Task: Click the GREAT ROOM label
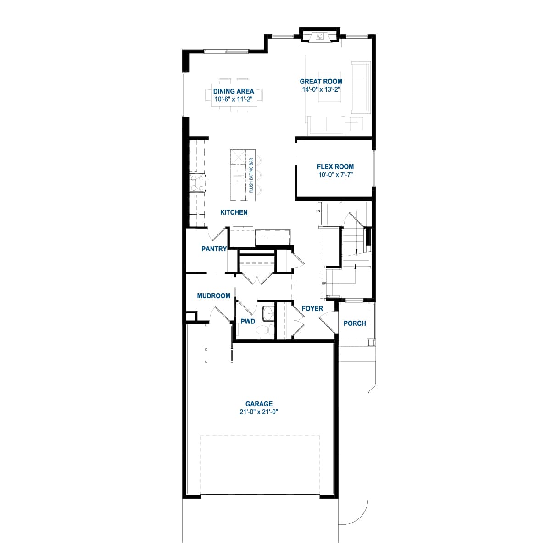point(321,81)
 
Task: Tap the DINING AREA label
point(234,91)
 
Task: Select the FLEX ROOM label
point(335,167)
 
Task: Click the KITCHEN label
point(234,212)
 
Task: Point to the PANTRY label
point(214,249)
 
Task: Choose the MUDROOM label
point(213,296)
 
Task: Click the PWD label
point(248,322)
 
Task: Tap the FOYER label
point(312,309)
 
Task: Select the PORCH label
point(355,323)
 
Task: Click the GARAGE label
point(259,404)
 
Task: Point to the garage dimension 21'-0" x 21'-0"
point(259,412)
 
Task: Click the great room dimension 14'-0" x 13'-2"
point(321,89)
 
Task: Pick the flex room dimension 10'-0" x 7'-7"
point(335,175)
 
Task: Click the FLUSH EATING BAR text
point(251,175)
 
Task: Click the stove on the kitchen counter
point(197,184)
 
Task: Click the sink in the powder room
point(269,313)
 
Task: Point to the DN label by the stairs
point(317,211)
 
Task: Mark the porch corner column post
point(372,342)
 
